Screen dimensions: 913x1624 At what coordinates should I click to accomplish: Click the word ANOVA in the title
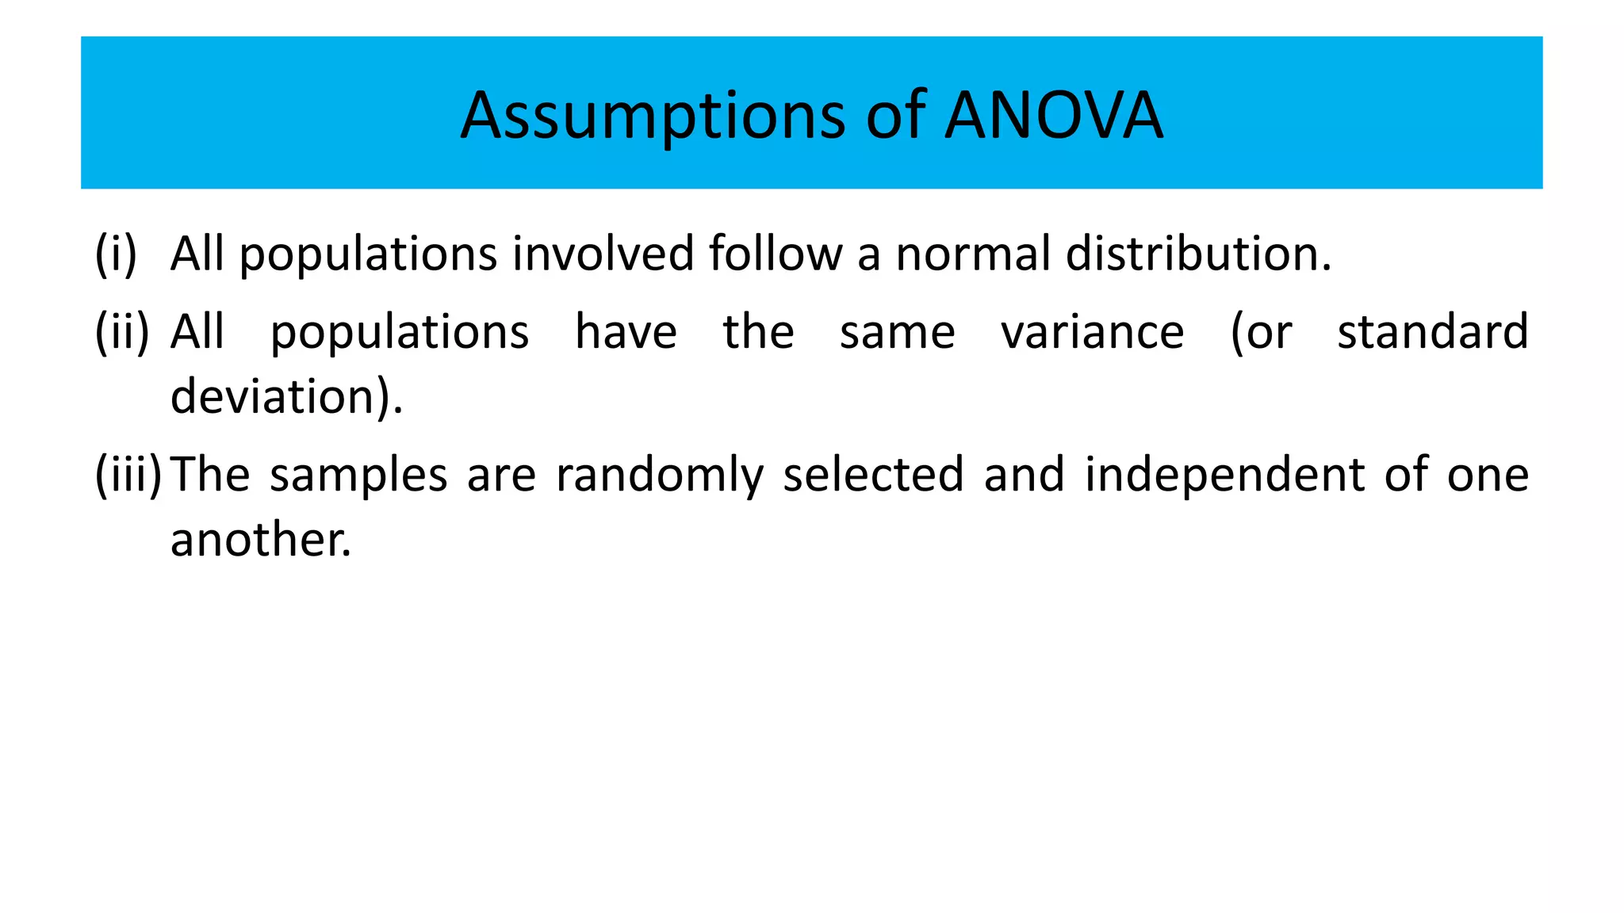(1054, 116)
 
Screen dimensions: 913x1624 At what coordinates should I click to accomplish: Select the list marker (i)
(116, 254)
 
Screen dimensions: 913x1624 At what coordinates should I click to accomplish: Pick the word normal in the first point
(973, 254)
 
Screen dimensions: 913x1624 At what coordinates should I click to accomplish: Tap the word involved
(603, 254)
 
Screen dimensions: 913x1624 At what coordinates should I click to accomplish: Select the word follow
(776, 254)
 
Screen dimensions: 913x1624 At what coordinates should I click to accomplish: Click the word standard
(1433, 331)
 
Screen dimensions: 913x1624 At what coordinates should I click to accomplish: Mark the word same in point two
(897, 333)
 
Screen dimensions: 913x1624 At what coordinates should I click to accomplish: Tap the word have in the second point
(626, 331)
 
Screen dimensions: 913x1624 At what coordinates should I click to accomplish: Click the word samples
(358, 476)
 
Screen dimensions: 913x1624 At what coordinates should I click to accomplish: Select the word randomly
(660, 476)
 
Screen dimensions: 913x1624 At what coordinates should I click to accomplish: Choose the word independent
(1224, 476)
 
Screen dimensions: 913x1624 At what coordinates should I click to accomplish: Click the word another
(260, 540)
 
